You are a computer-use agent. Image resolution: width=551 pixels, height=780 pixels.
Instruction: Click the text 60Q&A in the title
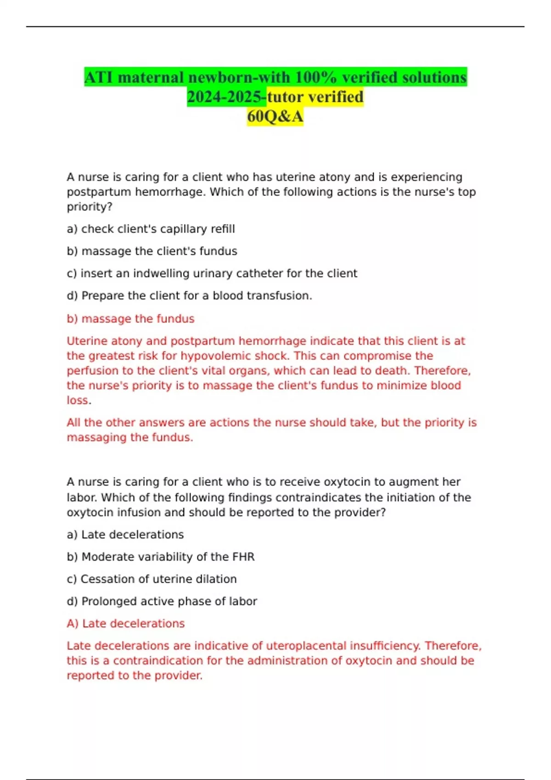[x=275, y=117]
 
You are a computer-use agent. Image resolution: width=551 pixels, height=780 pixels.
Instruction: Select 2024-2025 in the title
[x=226, y=97]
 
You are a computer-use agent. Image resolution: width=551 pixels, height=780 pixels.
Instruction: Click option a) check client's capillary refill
[x=151, y=229]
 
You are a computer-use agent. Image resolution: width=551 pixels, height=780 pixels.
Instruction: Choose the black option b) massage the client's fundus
[x=152, y=251]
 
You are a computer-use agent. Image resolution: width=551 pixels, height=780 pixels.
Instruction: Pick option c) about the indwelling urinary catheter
[x=212, y=273]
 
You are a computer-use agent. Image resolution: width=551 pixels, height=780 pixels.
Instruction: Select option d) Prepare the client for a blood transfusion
[x=189, y=296]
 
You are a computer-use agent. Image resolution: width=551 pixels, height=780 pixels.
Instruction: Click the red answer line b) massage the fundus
[x=130, y=319]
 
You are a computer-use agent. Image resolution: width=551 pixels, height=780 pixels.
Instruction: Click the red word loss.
[x=78, y=401]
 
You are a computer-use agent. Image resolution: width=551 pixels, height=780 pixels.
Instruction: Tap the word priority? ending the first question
[x=90, y=207]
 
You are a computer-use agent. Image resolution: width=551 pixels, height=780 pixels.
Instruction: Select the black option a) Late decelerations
[x=125, y=535]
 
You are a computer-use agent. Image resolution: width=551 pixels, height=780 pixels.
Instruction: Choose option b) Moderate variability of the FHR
[x=160, y=557]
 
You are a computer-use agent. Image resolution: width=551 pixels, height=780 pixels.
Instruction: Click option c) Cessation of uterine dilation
[x=152, y=579]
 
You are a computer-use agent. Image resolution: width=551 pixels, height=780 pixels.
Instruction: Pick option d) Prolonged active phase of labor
[x=162, y=602]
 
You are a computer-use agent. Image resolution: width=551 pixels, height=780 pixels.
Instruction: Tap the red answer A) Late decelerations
[x=125, y=624]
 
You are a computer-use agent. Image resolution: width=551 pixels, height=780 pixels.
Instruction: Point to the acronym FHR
[x=243, y=557]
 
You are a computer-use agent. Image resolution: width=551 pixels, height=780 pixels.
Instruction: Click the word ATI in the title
[x=99, y=78]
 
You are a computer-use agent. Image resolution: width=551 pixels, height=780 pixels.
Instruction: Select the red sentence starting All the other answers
[x=271, y=430]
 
